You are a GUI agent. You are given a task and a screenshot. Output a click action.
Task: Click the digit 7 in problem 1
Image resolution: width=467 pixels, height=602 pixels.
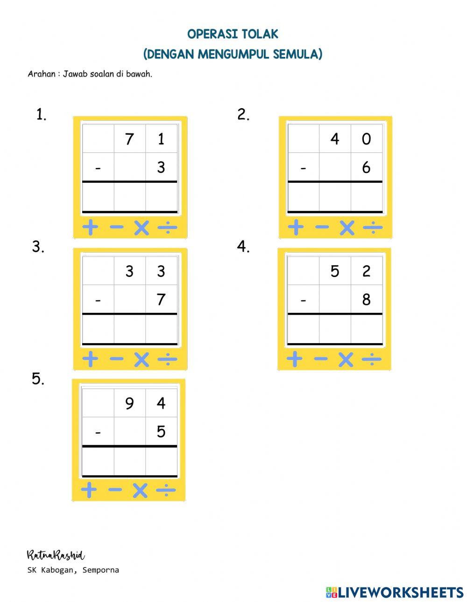click(x=129, y=139)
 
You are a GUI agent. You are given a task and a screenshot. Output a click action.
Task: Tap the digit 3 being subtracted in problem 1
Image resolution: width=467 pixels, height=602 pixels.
click(x=161, y=167)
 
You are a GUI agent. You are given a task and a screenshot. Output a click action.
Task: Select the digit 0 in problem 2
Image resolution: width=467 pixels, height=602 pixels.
click(x=366, y=139)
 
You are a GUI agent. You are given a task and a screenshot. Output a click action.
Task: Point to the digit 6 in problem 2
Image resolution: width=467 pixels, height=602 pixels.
click(x=366, y=167)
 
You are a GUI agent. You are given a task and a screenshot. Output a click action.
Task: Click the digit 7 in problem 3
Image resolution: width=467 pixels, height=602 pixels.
click(x=161, y=299)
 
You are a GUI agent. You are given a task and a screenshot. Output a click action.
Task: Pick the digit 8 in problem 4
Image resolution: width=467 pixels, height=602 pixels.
click(x=366, y=299)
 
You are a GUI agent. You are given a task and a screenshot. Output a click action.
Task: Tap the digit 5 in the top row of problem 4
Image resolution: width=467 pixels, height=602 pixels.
click(x=335, y=271)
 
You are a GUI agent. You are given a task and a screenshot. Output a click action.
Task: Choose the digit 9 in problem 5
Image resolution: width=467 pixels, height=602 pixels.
click(x=129, y=403)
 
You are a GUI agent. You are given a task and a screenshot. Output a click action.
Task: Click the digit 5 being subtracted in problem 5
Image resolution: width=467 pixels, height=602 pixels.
click(x=161, y=431)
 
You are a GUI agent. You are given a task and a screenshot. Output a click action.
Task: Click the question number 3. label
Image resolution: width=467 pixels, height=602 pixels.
click(x=38, y=247)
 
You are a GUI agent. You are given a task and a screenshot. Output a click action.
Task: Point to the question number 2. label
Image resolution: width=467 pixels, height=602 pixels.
click(x=243, y=114)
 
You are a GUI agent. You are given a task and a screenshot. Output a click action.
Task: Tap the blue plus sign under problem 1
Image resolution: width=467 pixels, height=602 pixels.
click(x=90, y=228)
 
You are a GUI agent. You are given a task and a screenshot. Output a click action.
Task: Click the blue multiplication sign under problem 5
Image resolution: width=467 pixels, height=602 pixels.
click(x=140, y=490)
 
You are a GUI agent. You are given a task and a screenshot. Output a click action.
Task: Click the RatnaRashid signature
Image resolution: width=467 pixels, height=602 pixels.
click(x=56, y=555)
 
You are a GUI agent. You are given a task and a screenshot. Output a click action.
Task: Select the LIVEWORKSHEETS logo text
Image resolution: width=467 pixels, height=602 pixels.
click(x=401, y=592)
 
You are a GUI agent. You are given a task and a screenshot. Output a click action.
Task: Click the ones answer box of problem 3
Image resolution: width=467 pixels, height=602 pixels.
click(x=161, y=329)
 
